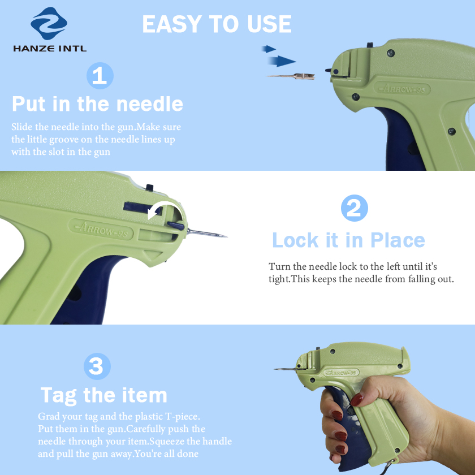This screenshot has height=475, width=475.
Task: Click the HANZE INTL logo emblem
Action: (49, 23)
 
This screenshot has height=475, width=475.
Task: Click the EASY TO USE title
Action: (217, 24)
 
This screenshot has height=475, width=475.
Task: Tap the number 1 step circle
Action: (100, 76)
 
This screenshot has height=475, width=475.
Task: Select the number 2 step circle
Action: (355, 208)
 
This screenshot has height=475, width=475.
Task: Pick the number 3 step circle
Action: (97, 366)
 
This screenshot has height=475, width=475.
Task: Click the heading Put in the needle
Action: (97, 104)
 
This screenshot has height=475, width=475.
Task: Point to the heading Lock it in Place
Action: (348, 240)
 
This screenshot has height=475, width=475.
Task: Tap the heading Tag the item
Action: (103, 396)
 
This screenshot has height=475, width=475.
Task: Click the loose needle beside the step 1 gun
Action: (291, 76)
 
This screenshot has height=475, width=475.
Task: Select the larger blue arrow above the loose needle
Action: (282, 61)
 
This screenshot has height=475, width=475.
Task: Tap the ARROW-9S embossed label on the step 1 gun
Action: (402, 89)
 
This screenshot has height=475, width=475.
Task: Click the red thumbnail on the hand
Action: (357, 400)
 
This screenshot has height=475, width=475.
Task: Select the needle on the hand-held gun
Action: (286, 369)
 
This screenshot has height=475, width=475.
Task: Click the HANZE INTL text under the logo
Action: (50, 48)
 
